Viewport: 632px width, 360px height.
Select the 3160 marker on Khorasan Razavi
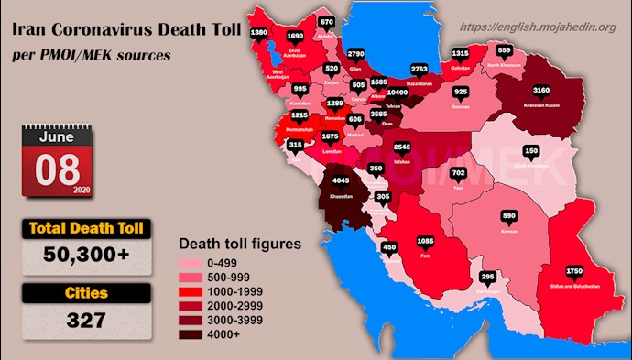tap(541, 91)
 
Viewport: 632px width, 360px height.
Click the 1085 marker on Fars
tap(425, 242)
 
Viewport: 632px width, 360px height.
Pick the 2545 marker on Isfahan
tap(401, 146)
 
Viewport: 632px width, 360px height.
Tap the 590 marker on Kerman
tap(509, 217)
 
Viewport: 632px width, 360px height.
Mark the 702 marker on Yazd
tap(459, 173)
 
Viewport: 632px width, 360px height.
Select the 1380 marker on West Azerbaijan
tap(259, 32)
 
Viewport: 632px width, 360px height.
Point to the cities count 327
tap(87, 322)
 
